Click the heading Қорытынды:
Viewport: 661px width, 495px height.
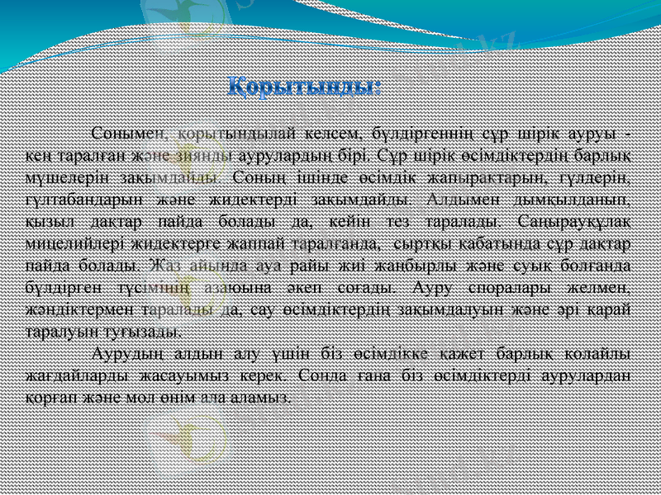coord(304,86)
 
